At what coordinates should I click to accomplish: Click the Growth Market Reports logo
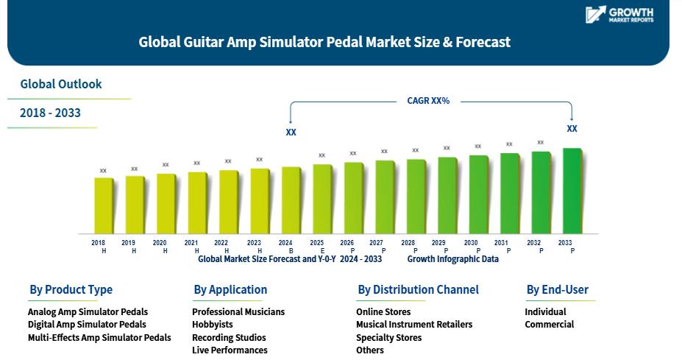[619, 15]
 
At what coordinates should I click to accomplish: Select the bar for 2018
[104, 205]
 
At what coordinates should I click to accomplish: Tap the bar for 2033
[572, 191]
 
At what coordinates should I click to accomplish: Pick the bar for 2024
[291, 200]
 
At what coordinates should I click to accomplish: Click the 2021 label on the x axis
[191, 243]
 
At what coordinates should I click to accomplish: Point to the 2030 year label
[471, 243]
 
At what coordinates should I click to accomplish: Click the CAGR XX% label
[428, 101]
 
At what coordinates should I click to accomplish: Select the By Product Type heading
[71, 289]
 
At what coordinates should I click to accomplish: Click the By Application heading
[230, 289]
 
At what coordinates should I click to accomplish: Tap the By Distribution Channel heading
[418, 289]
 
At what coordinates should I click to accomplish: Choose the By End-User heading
[557, 289]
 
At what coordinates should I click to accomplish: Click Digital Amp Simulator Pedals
[87, 325]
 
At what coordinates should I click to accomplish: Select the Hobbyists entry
[213, 325]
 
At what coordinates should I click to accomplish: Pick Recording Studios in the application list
[229, 337]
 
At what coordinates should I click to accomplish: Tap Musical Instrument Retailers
[414, 325]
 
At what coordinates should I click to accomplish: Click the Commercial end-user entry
[550, 325]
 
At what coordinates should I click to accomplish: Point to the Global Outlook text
[61, 84]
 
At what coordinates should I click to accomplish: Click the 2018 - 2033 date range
[50, 113]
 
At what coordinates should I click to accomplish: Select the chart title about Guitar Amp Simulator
[324, 42]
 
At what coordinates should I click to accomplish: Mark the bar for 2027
[385, 197]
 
